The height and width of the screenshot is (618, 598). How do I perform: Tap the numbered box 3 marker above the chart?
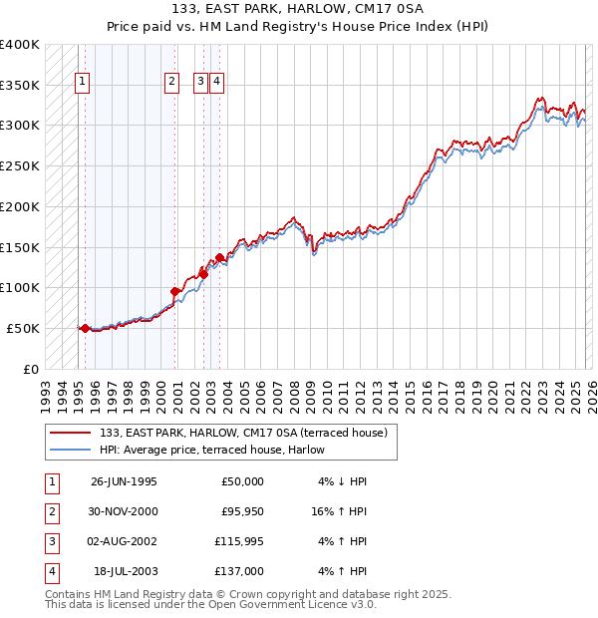(x=200, y=83)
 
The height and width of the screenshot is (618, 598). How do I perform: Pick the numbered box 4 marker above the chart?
(x=216, y=83)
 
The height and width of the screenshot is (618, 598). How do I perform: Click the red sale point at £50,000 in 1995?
(x=85, y=328)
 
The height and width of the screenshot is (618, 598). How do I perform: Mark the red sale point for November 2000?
(x=174, y=291)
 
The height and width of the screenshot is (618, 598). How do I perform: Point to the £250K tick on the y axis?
(x=20, y=165)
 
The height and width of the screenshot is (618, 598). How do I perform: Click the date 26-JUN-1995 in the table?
(x=124, y=481)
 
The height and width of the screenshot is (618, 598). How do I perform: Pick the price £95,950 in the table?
(x=239, y=511)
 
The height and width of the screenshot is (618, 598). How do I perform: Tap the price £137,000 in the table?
(x=239, y=571)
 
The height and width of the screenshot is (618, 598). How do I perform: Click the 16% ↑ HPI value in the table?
(x=340, y=511)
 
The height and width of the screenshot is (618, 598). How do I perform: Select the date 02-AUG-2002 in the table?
(x=124, y=541)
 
